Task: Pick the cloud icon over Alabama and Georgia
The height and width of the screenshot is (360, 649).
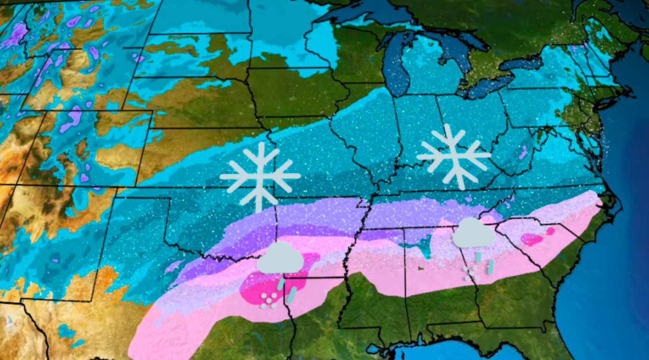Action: (x=474, y=233)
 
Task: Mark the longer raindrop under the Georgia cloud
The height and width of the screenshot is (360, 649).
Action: (x=491, y=267)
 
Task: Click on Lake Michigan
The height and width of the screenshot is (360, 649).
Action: (x=398, y=69)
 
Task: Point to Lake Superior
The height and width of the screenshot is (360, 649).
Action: (x=368, y=15)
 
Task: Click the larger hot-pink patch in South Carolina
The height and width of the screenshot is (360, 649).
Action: (x=533, y=240)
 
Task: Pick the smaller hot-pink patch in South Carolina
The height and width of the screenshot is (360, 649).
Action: (x=551, y=231)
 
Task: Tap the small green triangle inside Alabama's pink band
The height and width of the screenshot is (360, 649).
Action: (x=421, y=268)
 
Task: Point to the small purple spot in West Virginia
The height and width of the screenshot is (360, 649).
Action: (x=523, y=153)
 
